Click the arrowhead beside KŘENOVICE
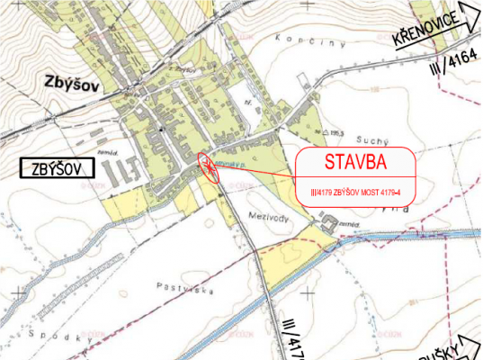pos(470,14)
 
